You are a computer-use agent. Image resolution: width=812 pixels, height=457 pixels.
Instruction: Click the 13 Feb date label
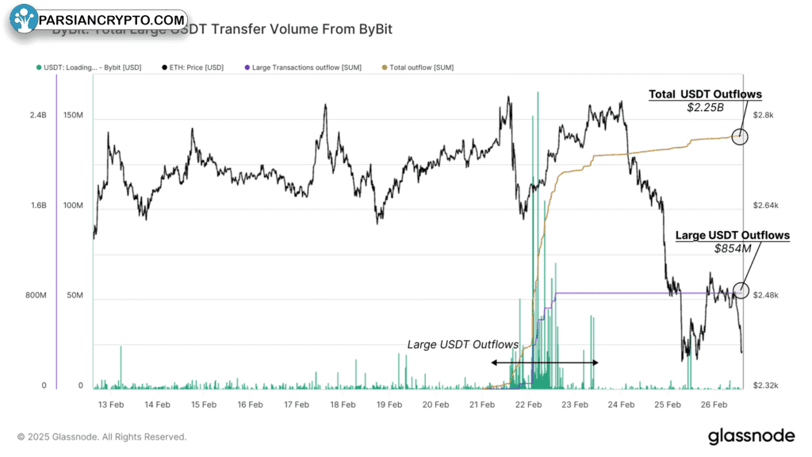[x=111, y=405]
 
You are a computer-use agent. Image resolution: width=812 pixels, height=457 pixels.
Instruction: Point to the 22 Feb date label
[x=528, y=405]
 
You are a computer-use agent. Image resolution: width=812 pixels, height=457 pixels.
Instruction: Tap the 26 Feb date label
[x=714, y=405]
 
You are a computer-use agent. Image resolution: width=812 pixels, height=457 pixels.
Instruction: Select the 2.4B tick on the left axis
[x=39, y=116]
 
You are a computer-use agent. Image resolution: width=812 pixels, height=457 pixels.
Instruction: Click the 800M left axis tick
[x=36, y=296]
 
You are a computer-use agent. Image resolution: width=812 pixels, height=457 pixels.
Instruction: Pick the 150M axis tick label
[x=73, y=116]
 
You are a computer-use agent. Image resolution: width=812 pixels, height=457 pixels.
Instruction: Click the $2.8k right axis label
[x=763, y=116]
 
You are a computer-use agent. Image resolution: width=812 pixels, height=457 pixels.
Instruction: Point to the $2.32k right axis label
[x=765, y=386]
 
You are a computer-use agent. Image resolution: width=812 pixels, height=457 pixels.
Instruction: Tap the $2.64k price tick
[x=765, y=206]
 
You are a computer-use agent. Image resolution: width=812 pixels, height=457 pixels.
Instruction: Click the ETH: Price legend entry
[x=193, y=67]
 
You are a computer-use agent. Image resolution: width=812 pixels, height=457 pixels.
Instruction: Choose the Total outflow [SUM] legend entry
[x=419, y=67]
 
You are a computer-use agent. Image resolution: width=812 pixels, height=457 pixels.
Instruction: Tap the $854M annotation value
[x=732, y=248]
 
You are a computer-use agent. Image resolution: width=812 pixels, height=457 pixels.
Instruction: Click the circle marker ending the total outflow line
[x=740, y=136]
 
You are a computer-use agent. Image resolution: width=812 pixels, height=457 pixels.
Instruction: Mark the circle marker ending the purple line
[x=741, y=290]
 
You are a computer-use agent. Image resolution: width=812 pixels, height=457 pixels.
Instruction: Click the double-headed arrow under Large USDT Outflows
[x=544, y=363]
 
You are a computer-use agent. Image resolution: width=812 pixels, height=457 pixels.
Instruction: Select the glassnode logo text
[x=751, y=436]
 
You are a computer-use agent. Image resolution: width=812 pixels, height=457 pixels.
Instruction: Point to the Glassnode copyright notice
[x=102, y=436]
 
